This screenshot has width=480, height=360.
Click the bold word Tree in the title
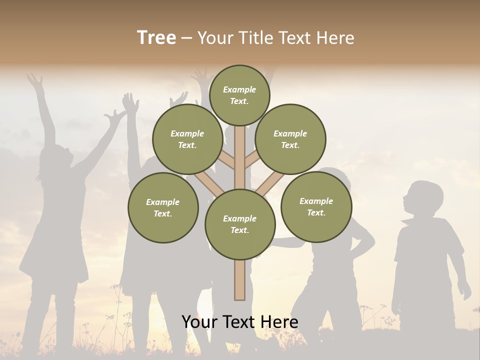[156, 38]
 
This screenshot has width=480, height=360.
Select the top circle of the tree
[239, 95]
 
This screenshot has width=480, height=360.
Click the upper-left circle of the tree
[187, 139]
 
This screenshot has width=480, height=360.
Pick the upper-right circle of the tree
[290, 139]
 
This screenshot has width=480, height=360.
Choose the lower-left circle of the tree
[163, 207]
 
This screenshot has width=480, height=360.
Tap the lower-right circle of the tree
[316, 206]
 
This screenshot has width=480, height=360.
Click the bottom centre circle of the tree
[240, 224]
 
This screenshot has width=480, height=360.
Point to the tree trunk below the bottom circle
[240, 280]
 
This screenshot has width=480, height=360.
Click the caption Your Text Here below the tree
[240, 322]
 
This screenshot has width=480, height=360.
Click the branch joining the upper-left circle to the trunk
[226, 160]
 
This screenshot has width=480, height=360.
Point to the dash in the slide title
[186, 38]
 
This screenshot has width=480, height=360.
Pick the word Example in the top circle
[239, 89]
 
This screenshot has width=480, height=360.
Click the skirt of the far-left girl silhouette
[47, 260]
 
